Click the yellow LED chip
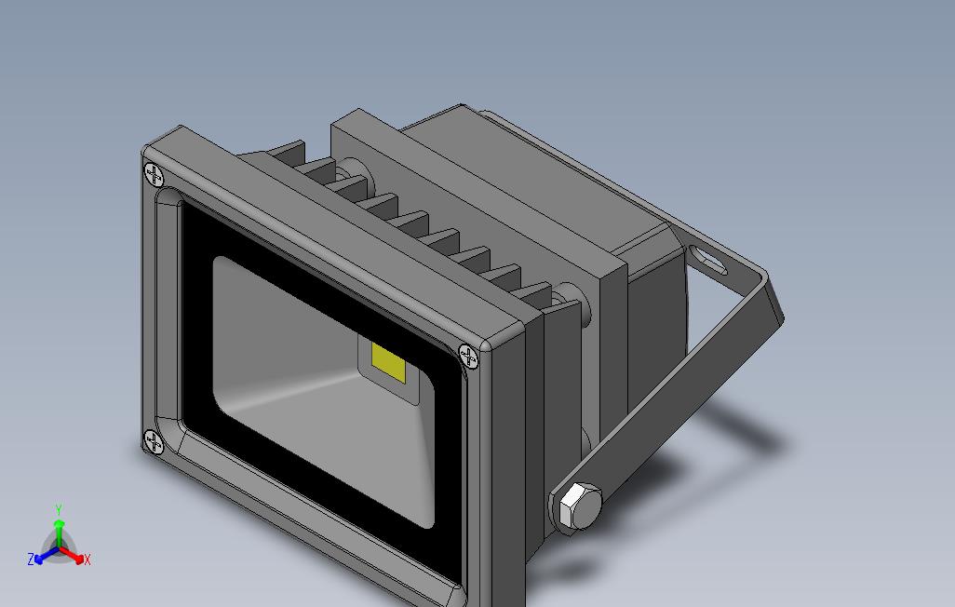(x=389, y=361)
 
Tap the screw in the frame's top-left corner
(x=154, y=175)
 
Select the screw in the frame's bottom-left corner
(x=154, y=442)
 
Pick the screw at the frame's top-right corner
(x=469, y=356)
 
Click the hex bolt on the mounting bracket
(x=577, y=508)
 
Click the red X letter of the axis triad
(x=87, y=560)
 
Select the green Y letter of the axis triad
(x=59, y=510)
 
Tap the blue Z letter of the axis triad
(x=31, y=560)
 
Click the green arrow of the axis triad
(x=59, y=531)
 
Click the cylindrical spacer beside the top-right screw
(x=573, y=307)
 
